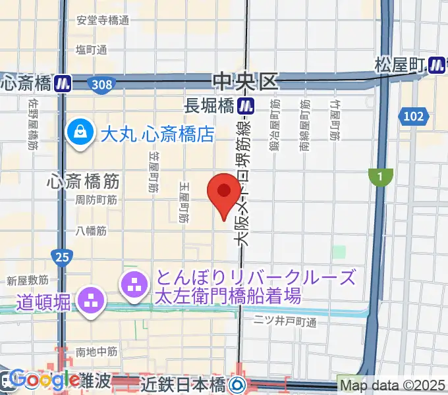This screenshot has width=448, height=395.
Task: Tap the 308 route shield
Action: point(102,84)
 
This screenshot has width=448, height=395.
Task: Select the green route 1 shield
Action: point(380,176)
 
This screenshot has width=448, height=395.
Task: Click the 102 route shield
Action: point(414,117)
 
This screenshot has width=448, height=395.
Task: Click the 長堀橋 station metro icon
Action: point(246,104)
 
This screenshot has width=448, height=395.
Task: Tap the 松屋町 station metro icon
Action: point(435,65)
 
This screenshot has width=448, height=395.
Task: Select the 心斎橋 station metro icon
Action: point(63,84)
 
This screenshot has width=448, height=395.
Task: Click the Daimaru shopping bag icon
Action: point(81,134)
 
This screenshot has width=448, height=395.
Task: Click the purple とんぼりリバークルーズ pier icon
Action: point(134,285)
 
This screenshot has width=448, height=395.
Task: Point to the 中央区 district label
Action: point(245,82)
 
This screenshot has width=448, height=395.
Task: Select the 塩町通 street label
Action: point(91,50)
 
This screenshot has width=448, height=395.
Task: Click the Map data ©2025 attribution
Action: point(393,384)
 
